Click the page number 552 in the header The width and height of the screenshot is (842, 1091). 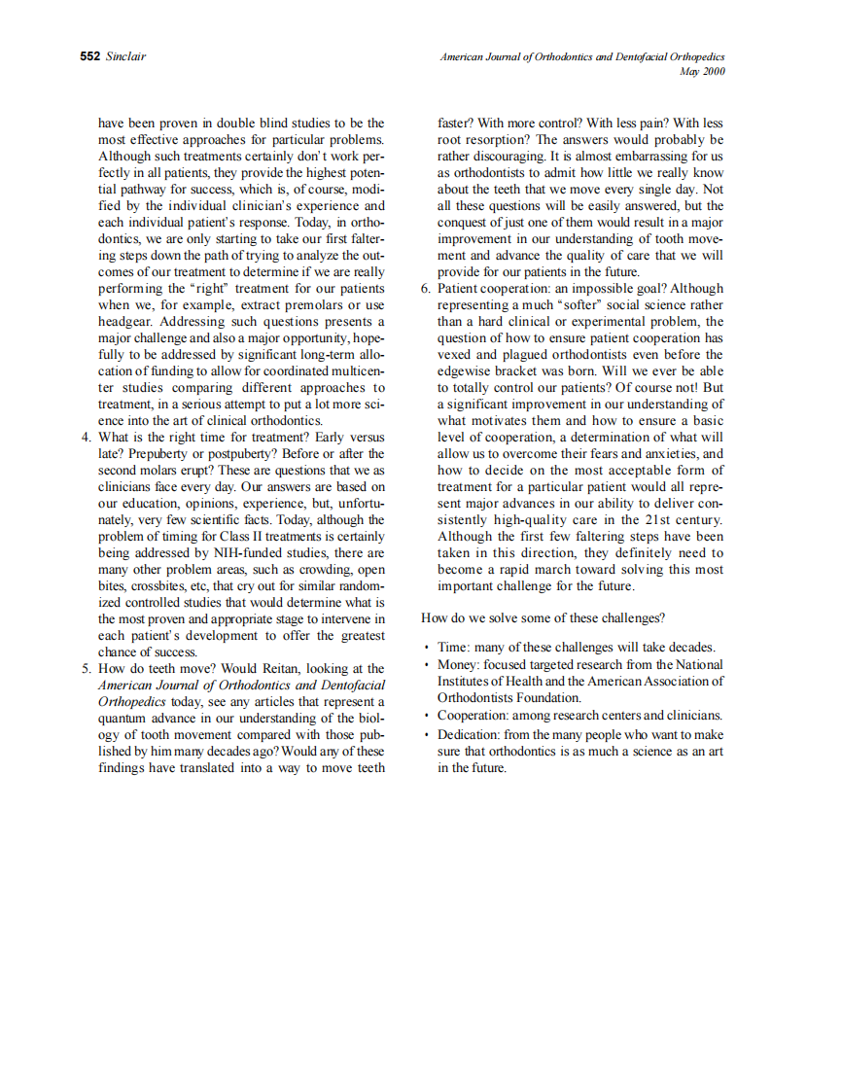(89, 57)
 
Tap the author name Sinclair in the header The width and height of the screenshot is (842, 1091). (125, 57)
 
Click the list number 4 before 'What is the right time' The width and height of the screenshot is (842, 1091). (86, 438)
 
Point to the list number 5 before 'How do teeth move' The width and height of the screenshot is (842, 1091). (86, 669)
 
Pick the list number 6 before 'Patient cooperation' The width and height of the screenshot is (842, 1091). (425, 289)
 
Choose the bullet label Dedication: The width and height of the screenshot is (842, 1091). (467, 735)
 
